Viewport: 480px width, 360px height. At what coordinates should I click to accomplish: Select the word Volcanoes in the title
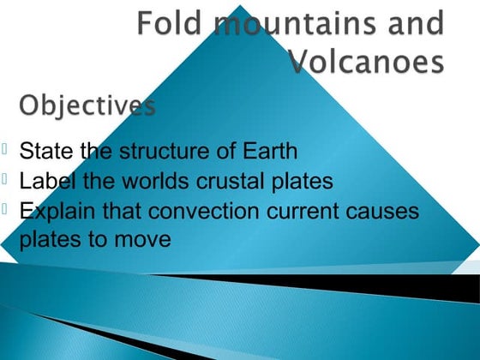pyautogui.click(x=366, y=61)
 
